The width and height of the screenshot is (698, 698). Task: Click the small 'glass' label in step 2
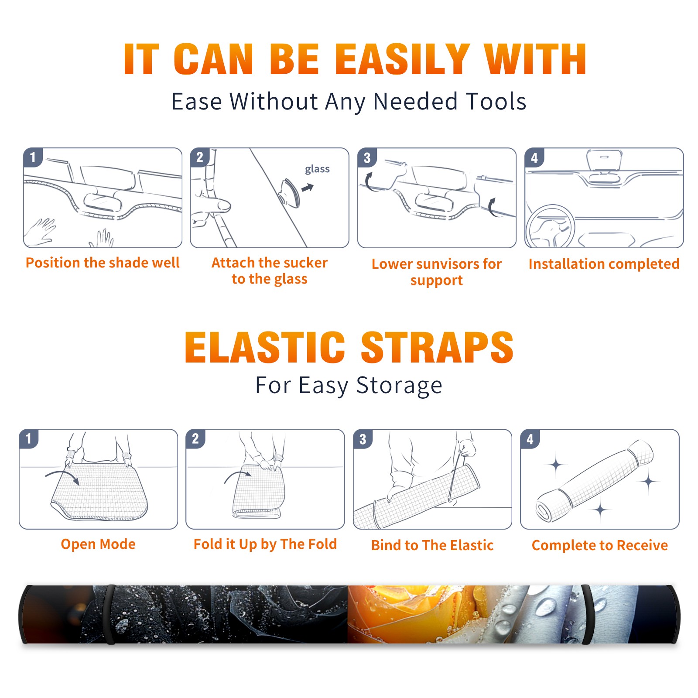317,169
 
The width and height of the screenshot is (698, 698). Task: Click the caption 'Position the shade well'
103,263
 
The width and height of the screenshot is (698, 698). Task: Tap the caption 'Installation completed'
604,264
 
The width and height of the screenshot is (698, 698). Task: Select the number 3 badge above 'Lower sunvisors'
367,158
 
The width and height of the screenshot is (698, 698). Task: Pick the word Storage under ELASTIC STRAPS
399,386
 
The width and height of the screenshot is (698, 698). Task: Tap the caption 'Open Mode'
98,544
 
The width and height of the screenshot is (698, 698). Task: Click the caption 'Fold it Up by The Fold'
265,544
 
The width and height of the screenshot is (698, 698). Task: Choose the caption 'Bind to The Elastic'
432,545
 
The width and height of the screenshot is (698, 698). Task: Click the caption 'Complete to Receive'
600,545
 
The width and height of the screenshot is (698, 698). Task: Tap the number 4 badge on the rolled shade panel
530,439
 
